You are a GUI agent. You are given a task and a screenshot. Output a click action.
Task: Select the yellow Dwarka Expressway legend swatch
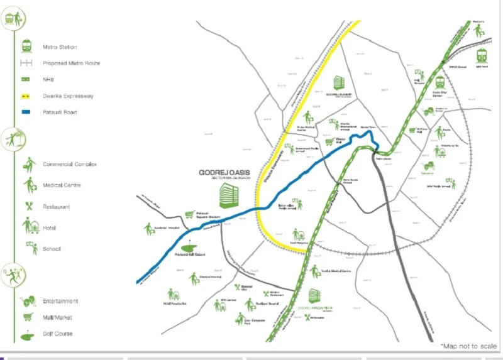point(27,96)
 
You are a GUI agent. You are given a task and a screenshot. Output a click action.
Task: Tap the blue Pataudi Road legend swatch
point(27,112)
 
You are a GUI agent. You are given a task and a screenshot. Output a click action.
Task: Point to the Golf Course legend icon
point(28,335)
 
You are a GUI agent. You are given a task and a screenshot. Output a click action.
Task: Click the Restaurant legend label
point(56,207)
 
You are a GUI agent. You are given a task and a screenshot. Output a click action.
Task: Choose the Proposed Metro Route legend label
point(71,63)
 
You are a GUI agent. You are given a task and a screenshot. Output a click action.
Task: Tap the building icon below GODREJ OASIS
point(228,195)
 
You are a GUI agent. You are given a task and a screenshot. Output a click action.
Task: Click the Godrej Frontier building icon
point(313,296)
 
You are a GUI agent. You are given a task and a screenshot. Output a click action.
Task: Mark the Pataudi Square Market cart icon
point(190,214)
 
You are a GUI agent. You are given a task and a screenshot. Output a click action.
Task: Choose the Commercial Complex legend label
point(69,165)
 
